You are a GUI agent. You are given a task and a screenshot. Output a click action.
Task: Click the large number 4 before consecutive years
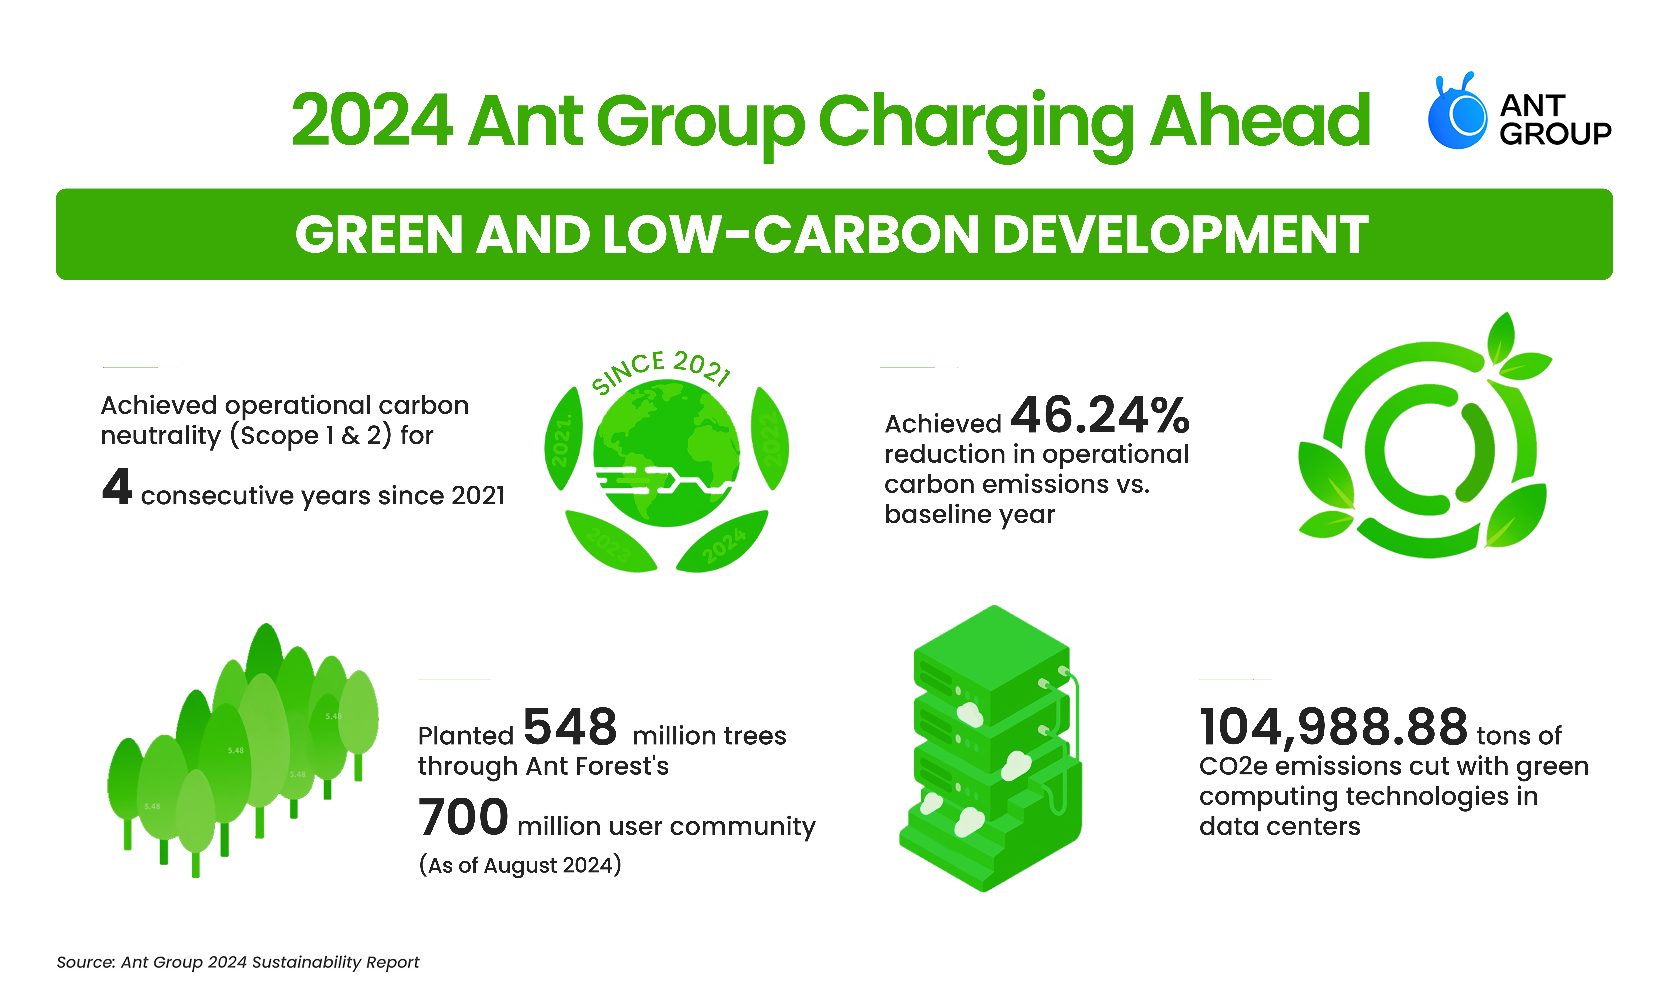[x=117, y=487]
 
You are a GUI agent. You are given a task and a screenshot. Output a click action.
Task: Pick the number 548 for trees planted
[x=570, y=727]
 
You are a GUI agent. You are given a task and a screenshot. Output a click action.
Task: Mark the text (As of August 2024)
[x=520, y=865]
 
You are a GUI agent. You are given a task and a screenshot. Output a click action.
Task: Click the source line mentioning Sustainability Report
[x=238, y=962]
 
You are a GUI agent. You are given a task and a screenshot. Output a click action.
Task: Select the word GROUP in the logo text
[x=1555, y=133]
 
